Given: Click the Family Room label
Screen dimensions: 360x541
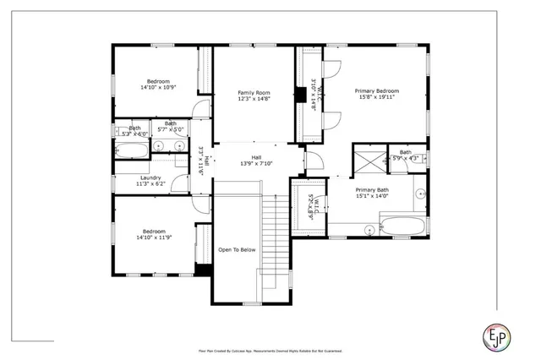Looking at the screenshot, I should click(253, 92).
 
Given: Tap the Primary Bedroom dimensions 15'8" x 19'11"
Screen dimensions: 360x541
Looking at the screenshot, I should click(376, 97).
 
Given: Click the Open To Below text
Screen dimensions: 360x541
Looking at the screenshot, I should click(237, 250).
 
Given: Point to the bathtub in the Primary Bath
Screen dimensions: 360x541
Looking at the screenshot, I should click(403, 226).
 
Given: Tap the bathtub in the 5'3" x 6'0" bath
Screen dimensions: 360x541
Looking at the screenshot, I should click(131, 150).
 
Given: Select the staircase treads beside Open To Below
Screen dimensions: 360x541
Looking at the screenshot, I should click(276, 237).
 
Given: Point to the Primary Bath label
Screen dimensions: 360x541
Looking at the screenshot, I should click(371, 191).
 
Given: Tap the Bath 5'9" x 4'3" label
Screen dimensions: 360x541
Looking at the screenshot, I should click(406, 155).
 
